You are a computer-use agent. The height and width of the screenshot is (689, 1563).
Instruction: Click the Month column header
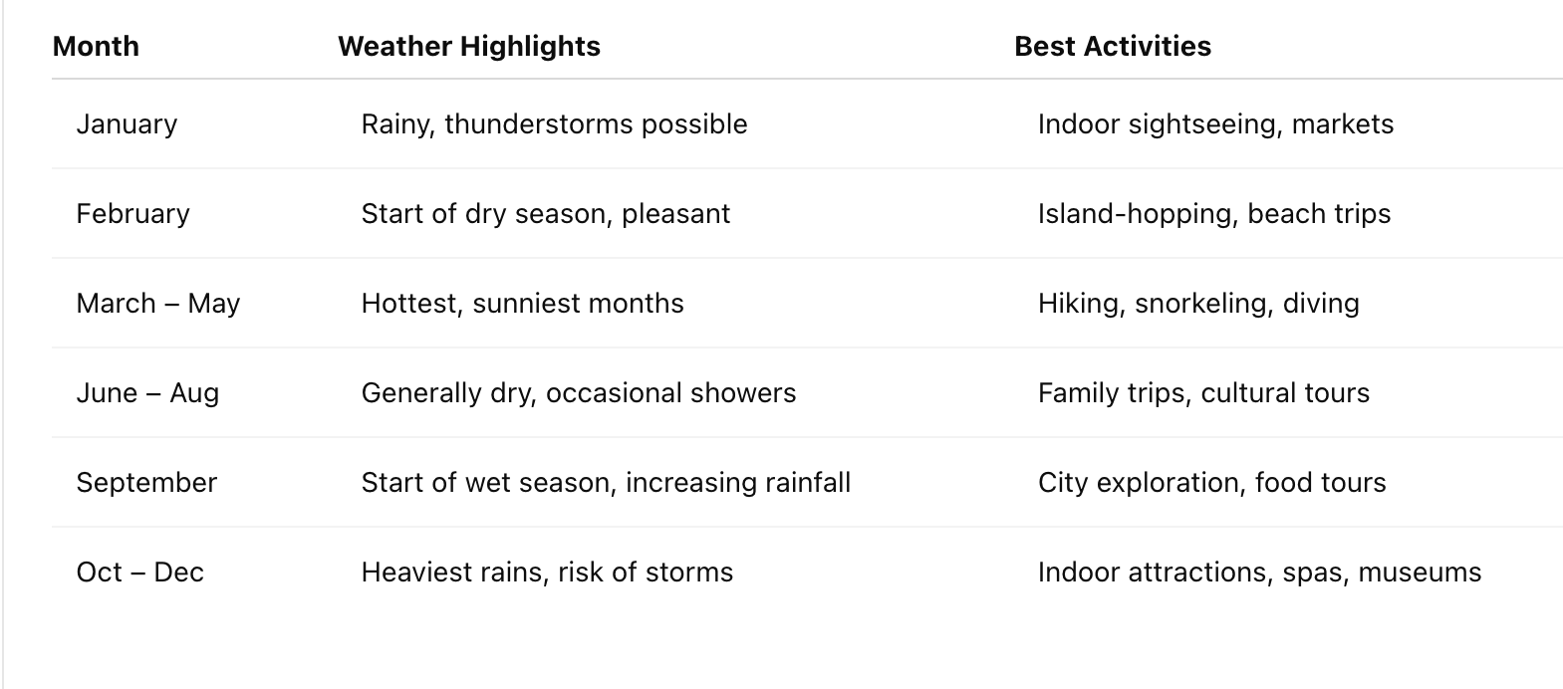point(96,47)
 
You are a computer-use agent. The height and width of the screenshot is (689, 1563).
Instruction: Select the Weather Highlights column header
point(469,47)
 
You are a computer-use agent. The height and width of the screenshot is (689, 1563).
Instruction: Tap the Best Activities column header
point(1113,47)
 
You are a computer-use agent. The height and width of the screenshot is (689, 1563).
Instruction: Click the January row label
point(127,124)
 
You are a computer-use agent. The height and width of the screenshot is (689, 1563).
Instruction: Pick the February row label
point(132,214)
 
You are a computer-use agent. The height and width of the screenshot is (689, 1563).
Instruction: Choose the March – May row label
point(157,304)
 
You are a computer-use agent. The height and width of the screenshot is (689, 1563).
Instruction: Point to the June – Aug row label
point(147,393)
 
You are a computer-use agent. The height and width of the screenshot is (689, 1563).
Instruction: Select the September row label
point(146,483)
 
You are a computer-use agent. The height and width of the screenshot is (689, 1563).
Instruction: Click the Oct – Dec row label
point(139,573)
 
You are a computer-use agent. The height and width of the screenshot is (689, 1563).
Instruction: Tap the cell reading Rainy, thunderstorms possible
point(554,124)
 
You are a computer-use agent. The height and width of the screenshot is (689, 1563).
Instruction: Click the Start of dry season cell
point(546,214)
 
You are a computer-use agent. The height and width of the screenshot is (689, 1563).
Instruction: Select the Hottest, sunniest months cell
point(523,304)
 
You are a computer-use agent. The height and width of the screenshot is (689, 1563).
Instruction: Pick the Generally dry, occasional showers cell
point(579,393)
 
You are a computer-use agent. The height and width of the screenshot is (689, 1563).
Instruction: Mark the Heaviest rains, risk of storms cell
point(547,573)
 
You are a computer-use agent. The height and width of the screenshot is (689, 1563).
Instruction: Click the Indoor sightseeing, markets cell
point(1215,124)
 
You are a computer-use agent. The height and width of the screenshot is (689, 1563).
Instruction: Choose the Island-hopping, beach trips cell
point(1214,214)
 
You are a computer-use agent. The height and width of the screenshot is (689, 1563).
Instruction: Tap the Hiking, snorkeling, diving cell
point(1198,304)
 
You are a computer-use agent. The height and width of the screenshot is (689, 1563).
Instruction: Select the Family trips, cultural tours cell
point(1203,393)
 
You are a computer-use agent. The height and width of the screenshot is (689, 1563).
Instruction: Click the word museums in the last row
point(1420,573)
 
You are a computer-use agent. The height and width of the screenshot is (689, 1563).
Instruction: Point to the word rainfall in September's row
point(808,483)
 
